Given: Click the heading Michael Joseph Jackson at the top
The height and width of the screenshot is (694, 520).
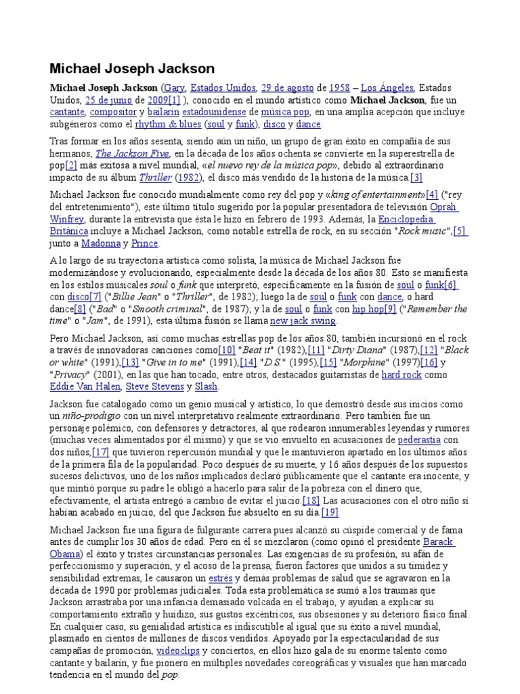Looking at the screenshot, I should coord(132,68).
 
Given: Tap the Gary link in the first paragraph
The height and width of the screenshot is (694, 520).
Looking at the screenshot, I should coord(175,88).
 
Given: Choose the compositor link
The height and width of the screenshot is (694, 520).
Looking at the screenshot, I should coord(113,113).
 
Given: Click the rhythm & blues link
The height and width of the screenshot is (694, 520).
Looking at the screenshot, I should coord(168,125).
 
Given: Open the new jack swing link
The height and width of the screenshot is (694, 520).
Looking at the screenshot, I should coord(303,321).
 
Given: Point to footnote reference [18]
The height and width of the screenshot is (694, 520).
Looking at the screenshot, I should coord(310,500).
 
